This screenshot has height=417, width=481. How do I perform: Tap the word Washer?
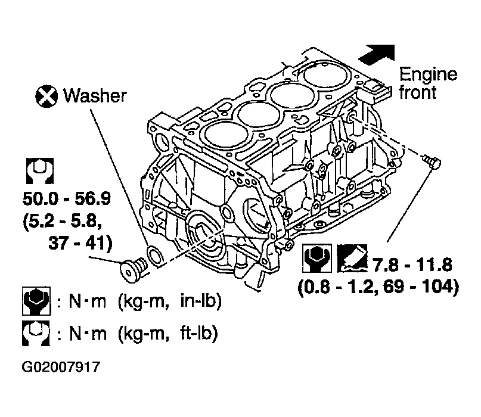[x=95, y=96]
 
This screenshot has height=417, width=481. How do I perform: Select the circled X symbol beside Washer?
[x=46, y=97]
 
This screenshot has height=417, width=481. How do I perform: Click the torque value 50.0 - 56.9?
[x=67, y=199]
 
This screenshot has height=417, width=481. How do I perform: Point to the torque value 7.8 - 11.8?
[x=412, y=265]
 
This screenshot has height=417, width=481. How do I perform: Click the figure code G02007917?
[x=61, y=367]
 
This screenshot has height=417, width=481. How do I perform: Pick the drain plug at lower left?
[x=132, y=269]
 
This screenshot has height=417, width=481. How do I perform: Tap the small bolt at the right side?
[x=433, y=161]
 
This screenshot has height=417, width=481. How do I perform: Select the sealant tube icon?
[x=352, y=258]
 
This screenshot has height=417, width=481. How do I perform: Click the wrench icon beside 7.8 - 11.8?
[x=317, y=258]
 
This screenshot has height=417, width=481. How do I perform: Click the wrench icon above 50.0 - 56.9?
[x=40, y=171]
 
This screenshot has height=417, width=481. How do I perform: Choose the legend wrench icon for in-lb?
[x=36, y=301]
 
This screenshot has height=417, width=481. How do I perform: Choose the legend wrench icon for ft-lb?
[x=36, y=333]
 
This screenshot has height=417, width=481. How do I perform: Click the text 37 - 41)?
[x=80, y=244]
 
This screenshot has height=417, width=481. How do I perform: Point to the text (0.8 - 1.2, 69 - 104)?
[x=378, y=287]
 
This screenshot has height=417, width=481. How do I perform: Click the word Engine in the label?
[x=428, y=76]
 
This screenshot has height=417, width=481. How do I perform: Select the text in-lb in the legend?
[x=201, y=301]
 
